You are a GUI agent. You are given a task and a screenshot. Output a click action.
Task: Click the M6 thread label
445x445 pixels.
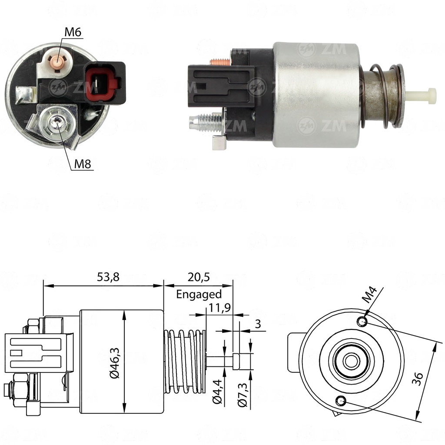point(73,32)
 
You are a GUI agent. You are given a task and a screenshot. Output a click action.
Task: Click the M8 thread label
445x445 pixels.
point(82,164)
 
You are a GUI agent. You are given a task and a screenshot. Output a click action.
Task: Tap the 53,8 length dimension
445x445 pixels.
point(108,277)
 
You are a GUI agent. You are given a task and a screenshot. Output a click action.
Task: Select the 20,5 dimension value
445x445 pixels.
point(198,277)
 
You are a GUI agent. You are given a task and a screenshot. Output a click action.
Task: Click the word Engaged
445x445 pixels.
point(199,295)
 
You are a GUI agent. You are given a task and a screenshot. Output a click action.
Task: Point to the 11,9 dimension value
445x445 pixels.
point(219,307)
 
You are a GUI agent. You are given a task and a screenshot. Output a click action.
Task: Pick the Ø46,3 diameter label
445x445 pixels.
point(115,363)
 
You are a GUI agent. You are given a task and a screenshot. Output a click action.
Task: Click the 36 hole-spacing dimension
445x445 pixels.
point(418,379)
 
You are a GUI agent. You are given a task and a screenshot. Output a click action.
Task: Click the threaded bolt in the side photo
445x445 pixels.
point(205,122)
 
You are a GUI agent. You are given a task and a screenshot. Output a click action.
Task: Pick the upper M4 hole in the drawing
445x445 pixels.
point(362,322)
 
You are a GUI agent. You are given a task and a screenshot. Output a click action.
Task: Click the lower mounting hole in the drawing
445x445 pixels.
point(341,401)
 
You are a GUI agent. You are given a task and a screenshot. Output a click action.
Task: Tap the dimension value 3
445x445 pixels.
point(257,324)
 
